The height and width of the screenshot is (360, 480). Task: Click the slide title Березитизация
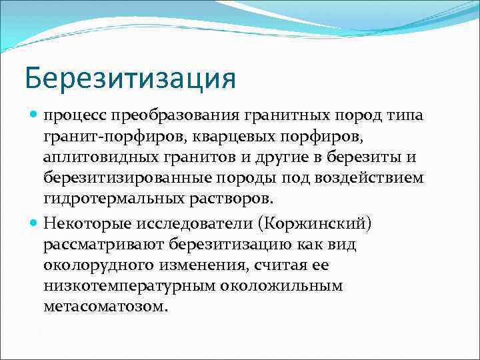130,79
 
